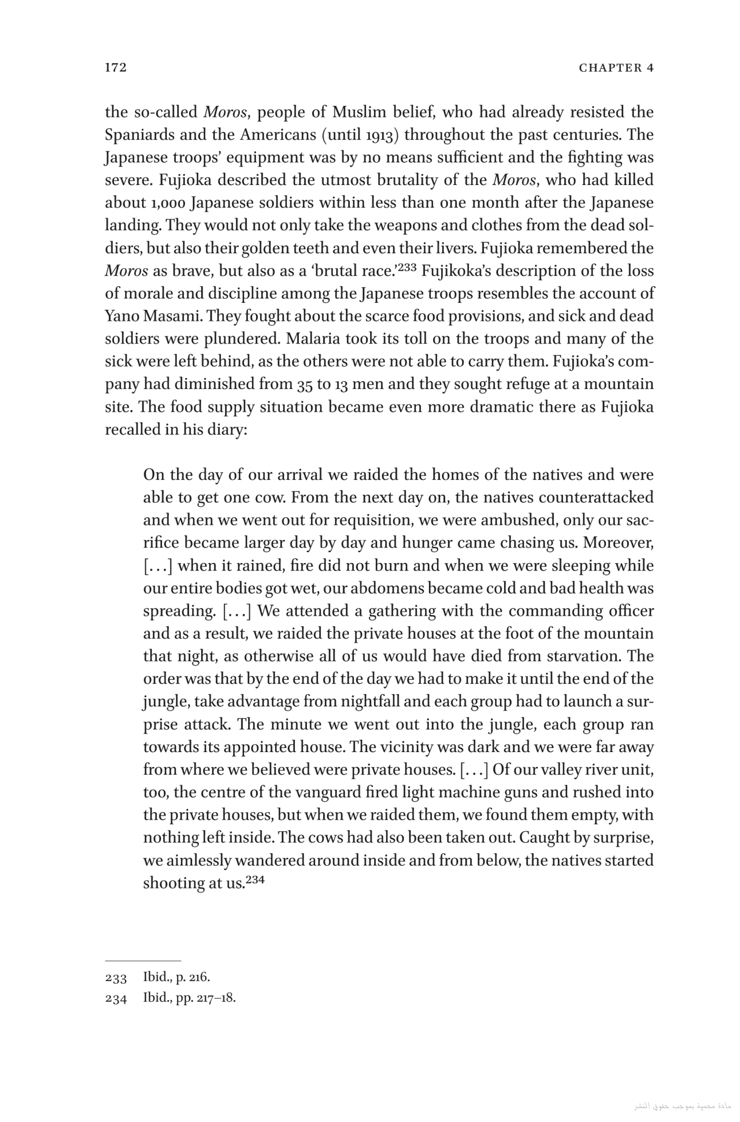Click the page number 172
[x=116, y=68]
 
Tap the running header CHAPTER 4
[x=616, y=68]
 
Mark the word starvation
[x=579, y=657]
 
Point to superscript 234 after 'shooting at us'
[x=255, y=880]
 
